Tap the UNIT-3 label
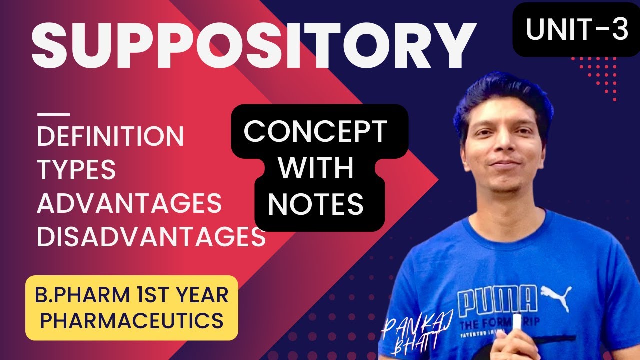[576, 30]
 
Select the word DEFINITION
[110, 136]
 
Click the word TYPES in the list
[76, 170]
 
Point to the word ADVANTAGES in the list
[129, 203]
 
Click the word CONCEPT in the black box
[315, 132]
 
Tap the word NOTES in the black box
[319, 204]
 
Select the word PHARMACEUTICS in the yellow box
[131, 320]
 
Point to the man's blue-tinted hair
[500, 95]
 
